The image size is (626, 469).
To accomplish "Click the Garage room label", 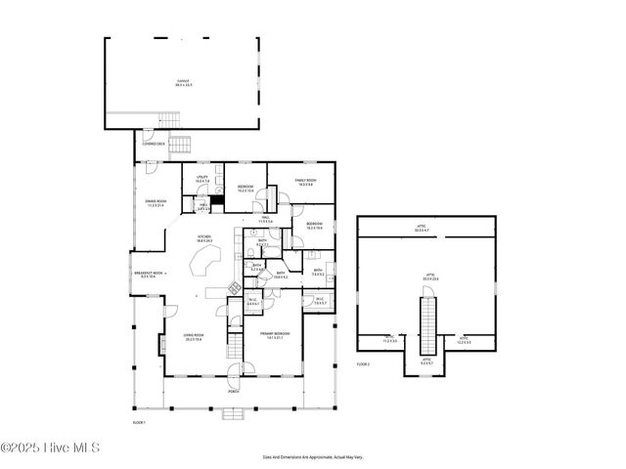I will (x=183, y=83).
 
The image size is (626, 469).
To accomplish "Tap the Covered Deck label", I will (x=155, y=144).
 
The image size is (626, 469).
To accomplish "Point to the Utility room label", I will (x=201, y=179).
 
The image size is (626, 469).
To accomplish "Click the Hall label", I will (x=264, y=220).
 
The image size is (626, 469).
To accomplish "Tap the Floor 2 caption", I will (x=363, y=363).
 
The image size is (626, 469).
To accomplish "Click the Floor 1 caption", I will (x=139, y=422).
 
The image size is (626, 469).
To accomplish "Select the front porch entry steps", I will (x=233, y=411).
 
